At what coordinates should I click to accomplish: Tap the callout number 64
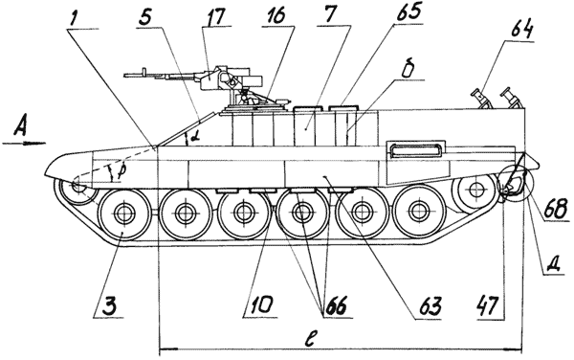coord(521,32)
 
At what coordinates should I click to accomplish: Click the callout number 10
coord(260,305)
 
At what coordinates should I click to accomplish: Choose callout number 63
coord(430,306)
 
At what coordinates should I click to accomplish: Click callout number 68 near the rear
coord(556,210)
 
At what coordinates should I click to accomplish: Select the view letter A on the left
coord(21,127)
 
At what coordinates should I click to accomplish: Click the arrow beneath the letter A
coord(24,144)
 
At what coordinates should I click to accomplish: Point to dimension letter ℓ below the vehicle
coord(309,339)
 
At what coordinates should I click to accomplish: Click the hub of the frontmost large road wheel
coord(124,214)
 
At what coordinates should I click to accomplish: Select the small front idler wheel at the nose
coord(78,188)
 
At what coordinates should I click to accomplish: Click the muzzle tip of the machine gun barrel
coord(124,75)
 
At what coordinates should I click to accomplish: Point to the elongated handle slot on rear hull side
coord(415,148)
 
